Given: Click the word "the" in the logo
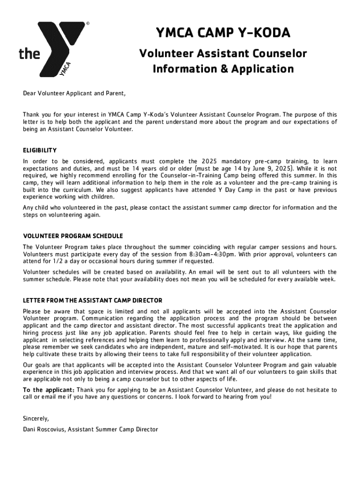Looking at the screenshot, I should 29,54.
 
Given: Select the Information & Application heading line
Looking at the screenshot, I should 223,69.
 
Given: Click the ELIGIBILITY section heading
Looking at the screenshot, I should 40,150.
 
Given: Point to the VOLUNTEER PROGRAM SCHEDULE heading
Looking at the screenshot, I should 73,236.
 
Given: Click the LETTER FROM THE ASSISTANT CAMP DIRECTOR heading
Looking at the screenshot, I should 93,300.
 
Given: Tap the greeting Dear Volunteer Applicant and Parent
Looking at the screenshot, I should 74,93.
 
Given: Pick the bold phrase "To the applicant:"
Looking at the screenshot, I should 49,390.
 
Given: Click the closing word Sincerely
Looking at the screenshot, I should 36,418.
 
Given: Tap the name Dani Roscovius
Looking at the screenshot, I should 45,429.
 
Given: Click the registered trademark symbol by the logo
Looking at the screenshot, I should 87,22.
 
